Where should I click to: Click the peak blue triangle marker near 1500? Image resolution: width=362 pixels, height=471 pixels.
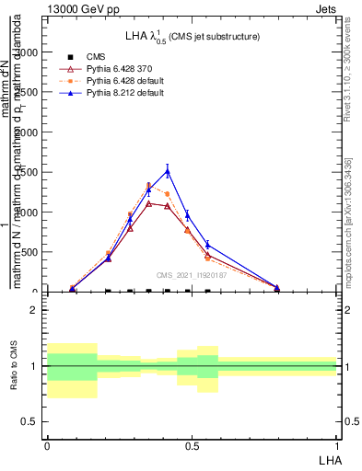coord(167,170)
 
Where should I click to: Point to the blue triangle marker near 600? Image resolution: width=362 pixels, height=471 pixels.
coord(208,245)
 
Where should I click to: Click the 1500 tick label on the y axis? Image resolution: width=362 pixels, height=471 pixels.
coord(25,172)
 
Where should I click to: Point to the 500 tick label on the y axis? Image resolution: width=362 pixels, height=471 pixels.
coord(28,252)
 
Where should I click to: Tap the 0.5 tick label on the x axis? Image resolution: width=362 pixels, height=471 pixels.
coord(192,445)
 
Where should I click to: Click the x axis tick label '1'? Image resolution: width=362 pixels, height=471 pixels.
coord(337,445)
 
